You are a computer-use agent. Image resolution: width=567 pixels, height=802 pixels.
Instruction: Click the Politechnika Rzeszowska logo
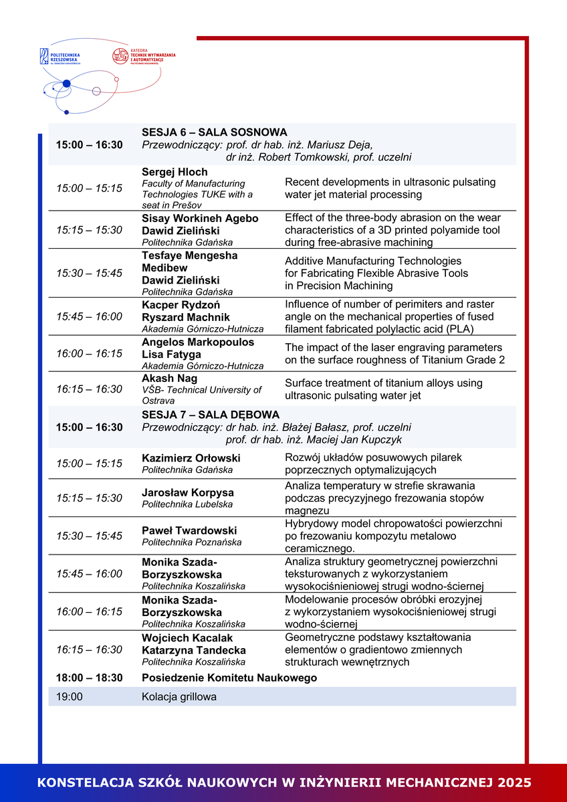(60, 56)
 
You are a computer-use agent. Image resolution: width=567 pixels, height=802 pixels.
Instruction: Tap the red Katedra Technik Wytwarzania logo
(143, 56)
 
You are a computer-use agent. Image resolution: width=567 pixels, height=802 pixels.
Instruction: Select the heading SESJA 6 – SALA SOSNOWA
(214, 132)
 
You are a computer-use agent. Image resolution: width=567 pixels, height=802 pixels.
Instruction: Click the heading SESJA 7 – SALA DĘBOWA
(210, 415)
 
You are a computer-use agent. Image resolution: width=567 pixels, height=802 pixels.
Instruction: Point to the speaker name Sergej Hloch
(175, 172)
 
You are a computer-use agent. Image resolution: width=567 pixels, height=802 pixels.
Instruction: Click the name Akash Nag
(169, 379)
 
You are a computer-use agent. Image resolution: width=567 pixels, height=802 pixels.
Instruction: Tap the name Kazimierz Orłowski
(191, 458)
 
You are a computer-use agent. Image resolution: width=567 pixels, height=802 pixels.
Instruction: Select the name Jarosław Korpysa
(187, 493)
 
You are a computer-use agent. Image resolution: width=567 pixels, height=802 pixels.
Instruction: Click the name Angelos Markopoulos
(198, 342)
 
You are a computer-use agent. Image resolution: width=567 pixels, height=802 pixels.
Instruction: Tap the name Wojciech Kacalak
(188, 637)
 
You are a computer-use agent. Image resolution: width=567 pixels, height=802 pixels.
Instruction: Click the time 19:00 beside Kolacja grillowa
(69, 697)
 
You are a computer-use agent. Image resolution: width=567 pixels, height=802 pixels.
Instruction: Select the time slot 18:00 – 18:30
(89, 678)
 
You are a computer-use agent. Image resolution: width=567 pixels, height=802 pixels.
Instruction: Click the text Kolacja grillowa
(179, 697)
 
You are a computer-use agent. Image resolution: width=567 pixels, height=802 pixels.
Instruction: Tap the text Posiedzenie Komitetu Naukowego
(229, 678)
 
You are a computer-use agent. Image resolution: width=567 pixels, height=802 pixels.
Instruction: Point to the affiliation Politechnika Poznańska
(191, 542)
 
